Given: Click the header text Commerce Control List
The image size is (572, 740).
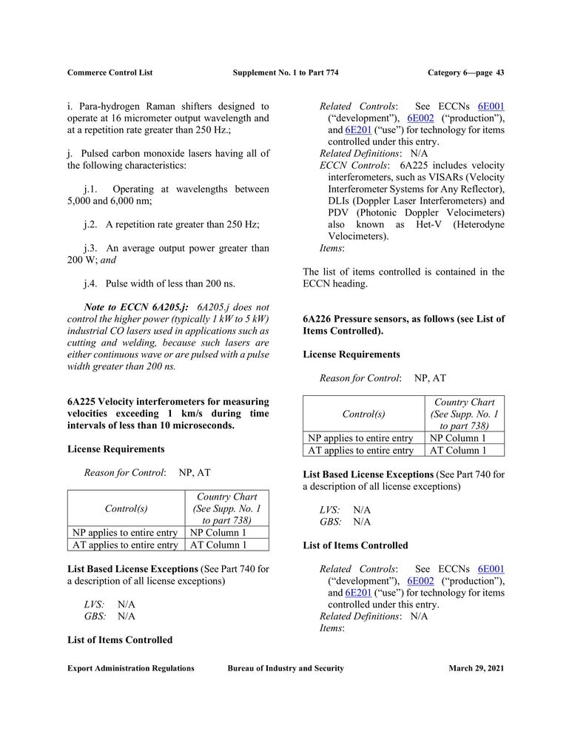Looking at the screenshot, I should click(110, 73).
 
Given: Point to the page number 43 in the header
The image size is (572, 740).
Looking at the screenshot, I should click(499, 73).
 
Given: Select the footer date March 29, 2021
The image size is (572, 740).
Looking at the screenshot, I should click(476, 668).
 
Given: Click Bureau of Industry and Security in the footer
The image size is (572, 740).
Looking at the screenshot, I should click(286, 668).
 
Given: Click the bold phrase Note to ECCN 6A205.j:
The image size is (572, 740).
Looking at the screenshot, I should click(136, 307).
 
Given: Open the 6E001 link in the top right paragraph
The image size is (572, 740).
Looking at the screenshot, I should click(491, 107).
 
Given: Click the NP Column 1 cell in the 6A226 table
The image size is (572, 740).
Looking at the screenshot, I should click(458, 438).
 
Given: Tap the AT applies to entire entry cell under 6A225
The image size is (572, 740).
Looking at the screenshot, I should click(125, 545).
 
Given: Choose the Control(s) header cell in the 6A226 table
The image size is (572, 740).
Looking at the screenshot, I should click(363, 414).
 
